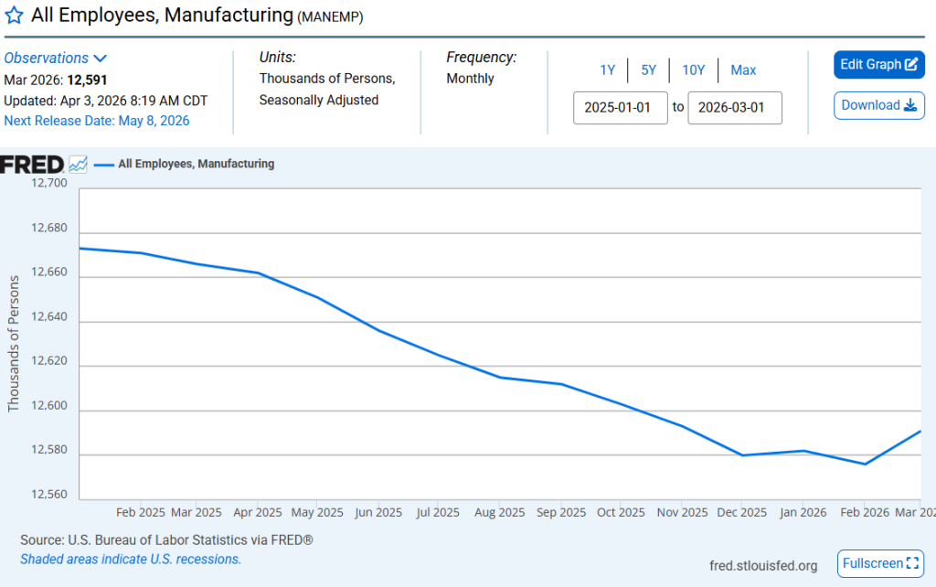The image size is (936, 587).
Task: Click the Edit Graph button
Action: pos(878,65)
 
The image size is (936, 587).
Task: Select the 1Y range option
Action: pos(607,70)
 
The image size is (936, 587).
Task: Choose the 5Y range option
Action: pos(648,70)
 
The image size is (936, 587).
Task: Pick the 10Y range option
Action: pos(694,70)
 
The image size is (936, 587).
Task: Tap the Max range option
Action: pos(743,70)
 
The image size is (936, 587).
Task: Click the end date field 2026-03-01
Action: pos(734,107)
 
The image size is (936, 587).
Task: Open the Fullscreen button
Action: pos(881,563)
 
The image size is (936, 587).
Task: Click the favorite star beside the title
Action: pos(15,16)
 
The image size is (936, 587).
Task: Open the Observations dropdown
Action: pos(56,58)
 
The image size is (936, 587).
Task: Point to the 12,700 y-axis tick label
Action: pos(49,183)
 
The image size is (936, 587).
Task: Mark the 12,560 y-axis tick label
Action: pos(49,495)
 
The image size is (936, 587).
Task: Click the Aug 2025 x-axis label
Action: pos(499,512)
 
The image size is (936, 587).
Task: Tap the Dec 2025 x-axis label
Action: pos(742,512)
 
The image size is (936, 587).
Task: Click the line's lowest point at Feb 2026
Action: pos(865,464)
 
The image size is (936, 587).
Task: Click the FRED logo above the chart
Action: pos(33,165)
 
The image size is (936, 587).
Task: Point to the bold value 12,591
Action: pos(88,80)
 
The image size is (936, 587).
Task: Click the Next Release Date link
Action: pos(97,120)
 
